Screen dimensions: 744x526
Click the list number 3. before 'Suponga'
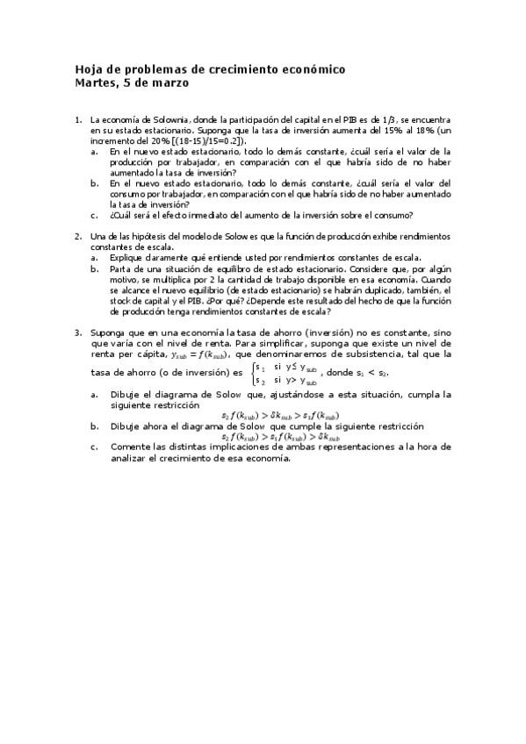point(78,332)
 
